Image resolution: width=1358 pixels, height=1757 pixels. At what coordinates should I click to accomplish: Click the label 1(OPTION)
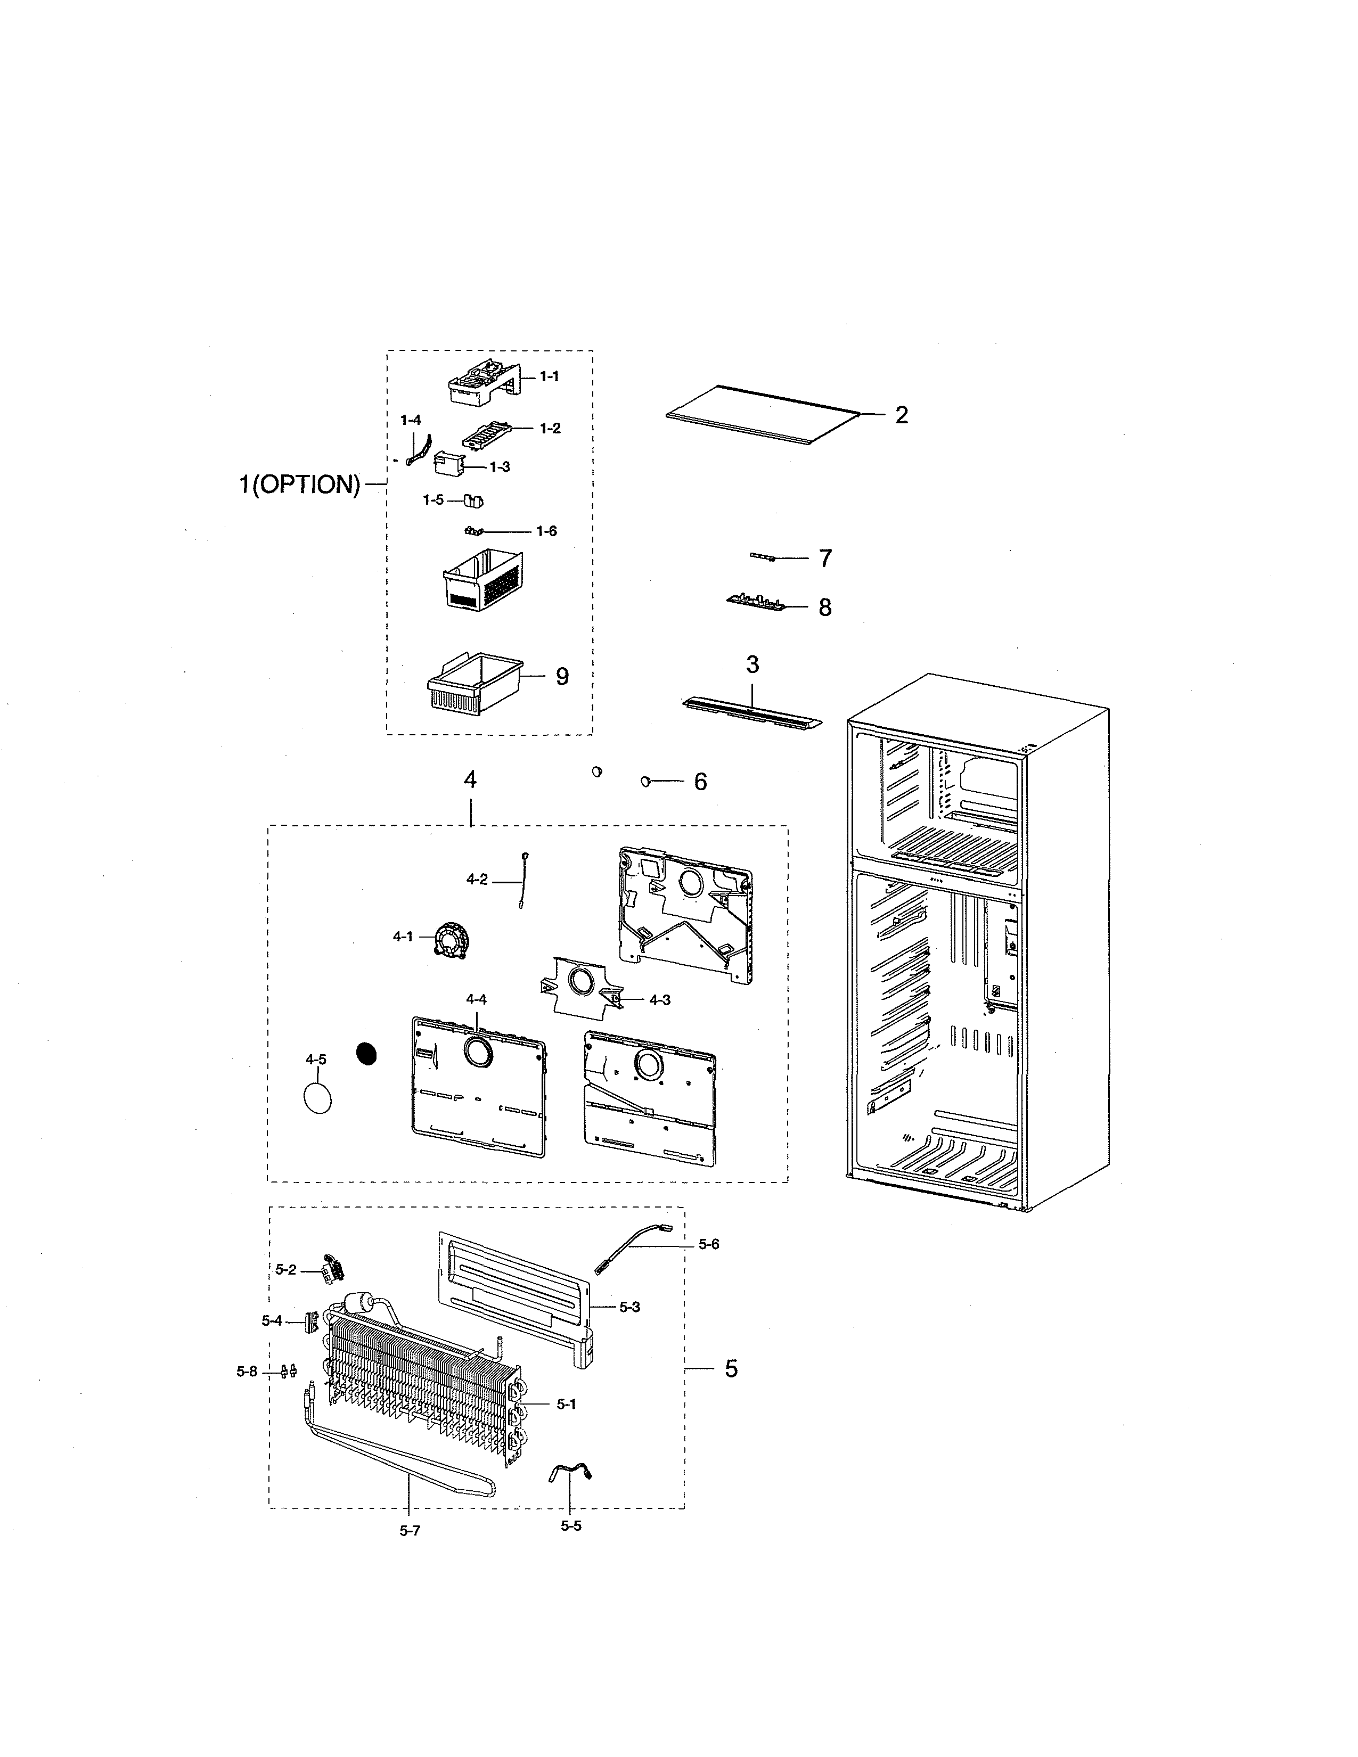tap(299, 485)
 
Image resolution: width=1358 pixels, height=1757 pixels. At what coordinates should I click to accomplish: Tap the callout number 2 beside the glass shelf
tap(901, 415)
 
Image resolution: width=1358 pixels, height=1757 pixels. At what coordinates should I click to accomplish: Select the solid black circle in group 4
tap(367, 1053)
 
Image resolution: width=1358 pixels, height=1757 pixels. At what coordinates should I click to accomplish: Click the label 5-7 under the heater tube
tap(410, 1531)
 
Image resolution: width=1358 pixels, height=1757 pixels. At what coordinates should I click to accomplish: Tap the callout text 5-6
tap(709, 1245)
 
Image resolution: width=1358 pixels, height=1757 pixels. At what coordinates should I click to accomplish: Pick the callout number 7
tap(825, 559)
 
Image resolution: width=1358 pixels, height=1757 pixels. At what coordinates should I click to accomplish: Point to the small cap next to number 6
tap(645, 781)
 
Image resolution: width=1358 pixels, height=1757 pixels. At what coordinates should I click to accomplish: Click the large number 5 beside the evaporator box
tap(731, 1368)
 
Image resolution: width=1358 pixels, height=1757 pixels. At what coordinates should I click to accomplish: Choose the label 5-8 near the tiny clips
tap(247, 1372)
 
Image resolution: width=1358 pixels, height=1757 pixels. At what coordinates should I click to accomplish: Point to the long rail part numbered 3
tap(752, 712)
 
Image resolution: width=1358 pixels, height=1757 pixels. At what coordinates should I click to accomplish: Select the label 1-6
tap(546, 531)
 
